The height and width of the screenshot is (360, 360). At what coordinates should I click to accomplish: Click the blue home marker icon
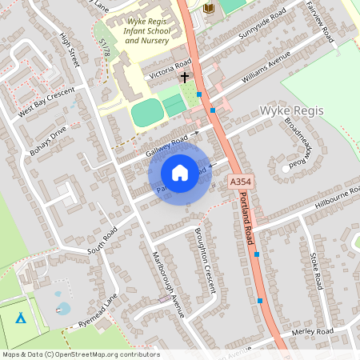point(180,173)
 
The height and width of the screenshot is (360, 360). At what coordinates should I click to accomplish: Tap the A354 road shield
point(238,182)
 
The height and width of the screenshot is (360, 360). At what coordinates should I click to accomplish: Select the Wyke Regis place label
point(292,110)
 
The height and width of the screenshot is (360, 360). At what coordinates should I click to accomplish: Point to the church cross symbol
point(186,78)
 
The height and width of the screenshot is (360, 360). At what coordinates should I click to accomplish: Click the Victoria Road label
point(170,69)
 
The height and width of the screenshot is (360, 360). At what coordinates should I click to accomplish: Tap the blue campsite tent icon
point(21,318)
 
